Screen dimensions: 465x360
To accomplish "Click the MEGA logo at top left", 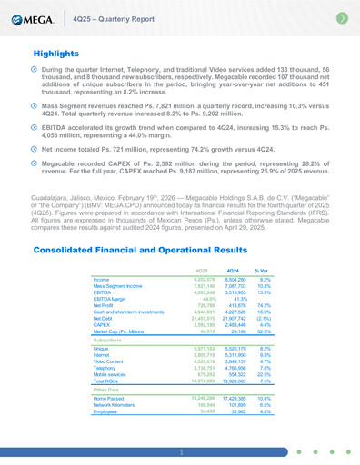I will (x=33, y=19).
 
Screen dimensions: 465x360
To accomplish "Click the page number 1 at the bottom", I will (x=180, y=451).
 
